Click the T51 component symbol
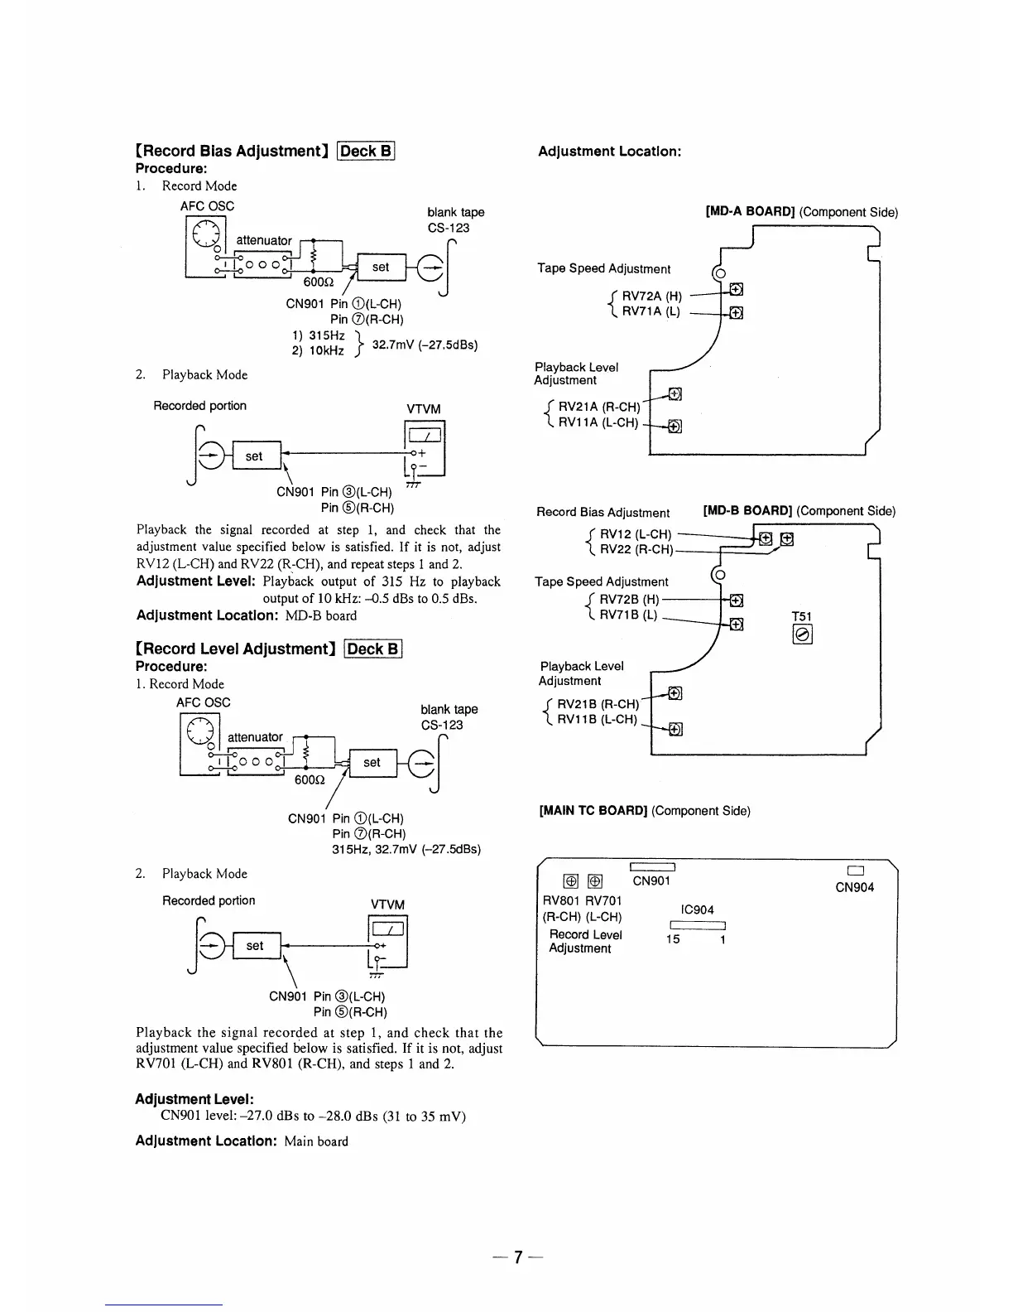(x=802, y=635)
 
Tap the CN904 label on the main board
(x=854, y=887)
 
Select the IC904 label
(x=699, y=909)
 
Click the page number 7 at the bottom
(x=517, y=1257)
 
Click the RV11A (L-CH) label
(x=598, y=422)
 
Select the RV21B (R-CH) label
(x=598, y=704)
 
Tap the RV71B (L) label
(x=628, y=615)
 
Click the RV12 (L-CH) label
(x=635, y=534)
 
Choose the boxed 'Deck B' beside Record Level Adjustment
(x=373, y=649)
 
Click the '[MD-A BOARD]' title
(x=750, y=211)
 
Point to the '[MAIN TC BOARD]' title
(x=593, y=810)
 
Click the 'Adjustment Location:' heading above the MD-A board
(x=609, y=152)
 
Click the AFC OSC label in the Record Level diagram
(x=204, y=702)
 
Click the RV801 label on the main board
(x=562, y=900)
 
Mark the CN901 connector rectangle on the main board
(x=653, y=866)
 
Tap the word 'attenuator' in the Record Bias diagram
(x=264, y=240)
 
